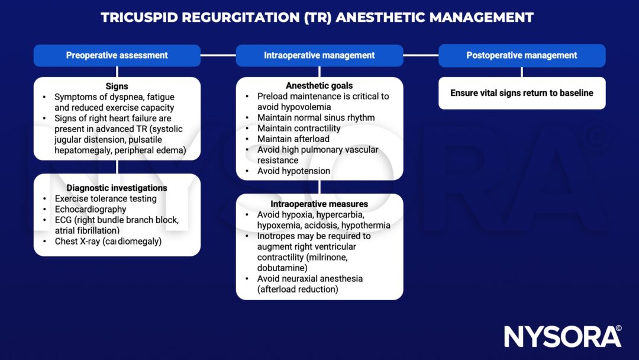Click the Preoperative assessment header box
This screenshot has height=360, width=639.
point(117,55)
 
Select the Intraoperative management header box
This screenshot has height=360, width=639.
point(319,55)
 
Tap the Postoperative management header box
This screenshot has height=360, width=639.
point(522,55)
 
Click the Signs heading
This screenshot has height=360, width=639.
point(117,86)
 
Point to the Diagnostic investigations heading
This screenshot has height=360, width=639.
point(117,188)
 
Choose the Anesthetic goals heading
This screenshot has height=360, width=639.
point(319,86)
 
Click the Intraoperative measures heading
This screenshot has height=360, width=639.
point(319,204)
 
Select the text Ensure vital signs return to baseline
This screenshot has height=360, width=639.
point(522,93)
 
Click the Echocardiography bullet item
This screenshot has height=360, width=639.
point(91,209)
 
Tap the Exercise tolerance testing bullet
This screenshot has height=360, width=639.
point(106,198)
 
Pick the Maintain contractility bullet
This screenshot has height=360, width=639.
point(299,128)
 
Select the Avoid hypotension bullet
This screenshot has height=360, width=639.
point(293,171)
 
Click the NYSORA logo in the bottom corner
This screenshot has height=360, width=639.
point(562,336)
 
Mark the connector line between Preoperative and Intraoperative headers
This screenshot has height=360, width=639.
point(218,55)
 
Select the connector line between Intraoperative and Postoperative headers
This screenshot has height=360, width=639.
point(421,55)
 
